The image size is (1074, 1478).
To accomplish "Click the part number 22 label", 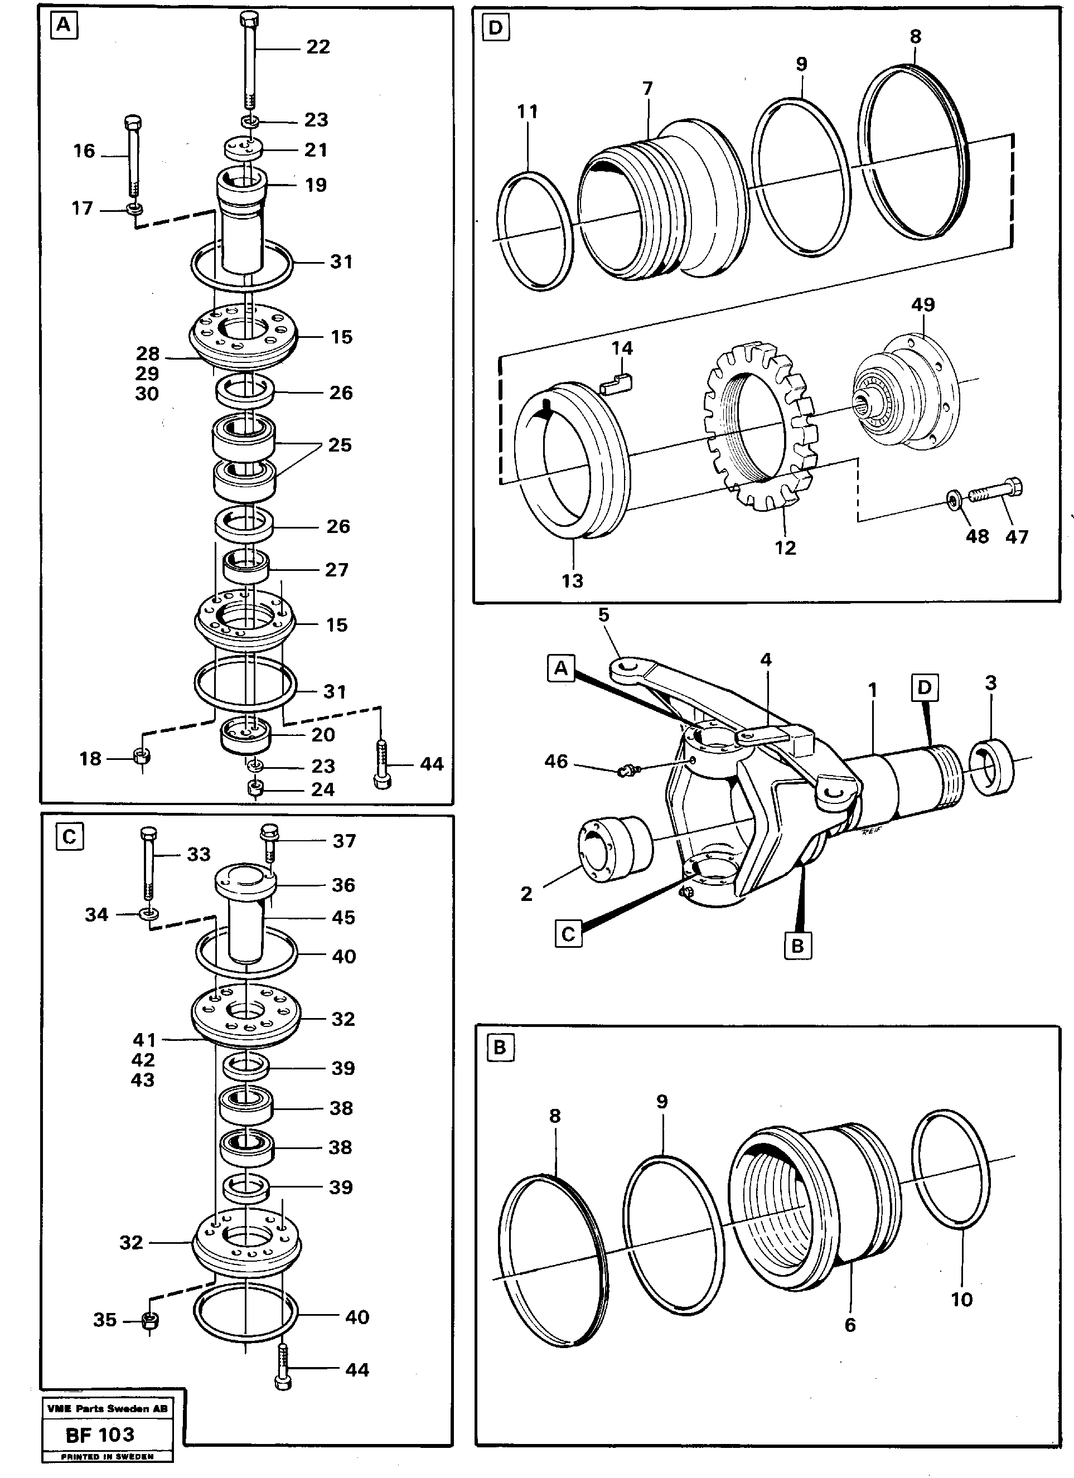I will click(318, 47).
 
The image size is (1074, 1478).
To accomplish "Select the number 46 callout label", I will click(556, 761).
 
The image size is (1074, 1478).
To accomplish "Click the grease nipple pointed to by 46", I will click(626, 772).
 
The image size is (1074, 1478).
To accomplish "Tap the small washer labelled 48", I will click(954, 501).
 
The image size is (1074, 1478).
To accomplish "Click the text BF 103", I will click(100, 1435).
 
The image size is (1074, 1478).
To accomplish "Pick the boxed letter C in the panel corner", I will click(69, 837).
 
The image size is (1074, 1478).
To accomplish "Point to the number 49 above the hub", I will click(923, 305).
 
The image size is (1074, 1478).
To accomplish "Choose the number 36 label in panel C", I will click(344, 885).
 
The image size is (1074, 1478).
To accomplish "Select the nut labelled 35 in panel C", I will click(151, 1321).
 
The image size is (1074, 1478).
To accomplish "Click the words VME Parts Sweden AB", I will click(108, 1408).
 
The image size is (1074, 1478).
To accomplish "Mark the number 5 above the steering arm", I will click(603, 615).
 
